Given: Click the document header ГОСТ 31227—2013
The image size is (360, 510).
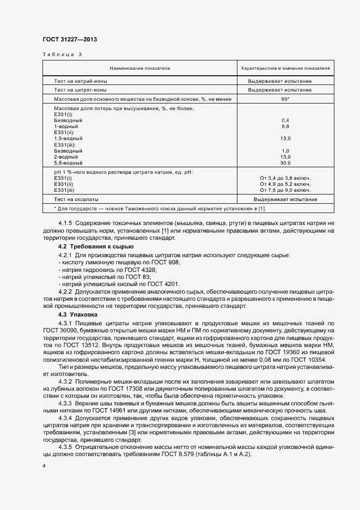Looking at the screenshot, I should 69,39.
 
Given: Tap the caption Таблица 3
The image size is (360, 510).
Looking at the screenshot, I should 62,55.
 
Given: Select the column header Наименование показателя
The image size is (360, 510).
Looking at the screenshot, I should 140,68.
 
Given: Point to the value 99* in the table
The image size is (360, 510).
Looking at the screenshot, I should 285,99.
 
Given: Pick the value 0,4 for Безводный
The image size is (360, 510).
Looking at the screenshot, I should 285,120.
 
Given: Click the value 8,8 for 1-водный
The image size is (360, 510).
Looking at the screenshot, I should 285,126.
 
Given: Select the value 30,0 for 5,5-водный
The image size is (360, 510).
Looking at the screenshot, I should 285,162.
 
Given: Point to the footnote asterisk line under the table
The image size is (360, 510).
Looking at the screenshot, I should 129,209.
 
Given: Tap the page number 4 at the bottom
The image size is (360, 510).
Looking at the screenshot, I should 44,467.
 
